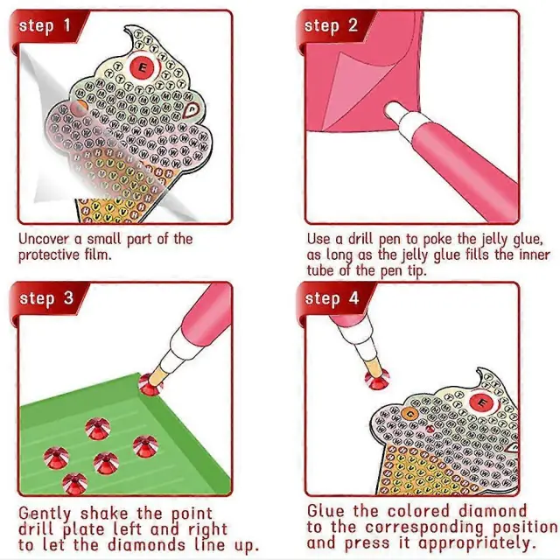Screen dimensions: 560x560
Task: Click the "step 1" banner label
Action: point(45,26)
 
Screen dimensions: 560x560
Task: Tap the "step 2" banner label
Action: point(331,26)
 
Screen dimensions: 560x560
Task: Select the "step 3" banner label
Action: point(46,298)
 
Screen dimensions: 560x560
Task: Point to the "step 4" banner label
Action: point(332,298)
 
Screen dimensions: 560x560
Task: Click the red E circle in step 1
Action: point(142,67)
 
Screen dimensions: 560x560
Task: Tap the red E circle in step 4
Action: point(482,402)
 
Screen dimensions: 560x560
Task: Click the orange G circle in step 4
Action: point(410,414)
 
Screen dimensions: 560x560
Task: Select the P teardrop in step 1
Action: point(191,109)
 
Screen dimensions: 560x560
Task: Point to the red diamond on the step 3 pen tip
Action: point(150,385)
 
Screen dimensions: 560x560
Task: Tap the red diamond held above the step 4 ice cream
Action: point(377,378)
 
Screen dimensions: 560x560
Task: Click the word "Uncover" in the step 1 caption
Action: point(44,239)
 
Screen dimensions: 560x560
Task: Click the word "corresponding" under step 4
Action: point(424,528)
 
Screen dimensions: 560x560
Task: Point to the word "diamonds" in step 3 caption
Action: point(146,545)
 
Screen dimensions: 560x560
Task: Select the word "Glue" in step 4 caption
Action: point(326,511)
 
